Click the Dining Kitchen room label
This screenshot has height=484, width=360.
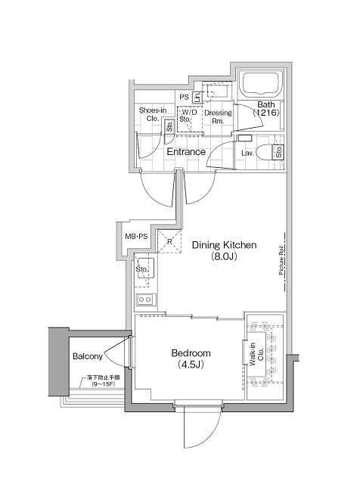click(225, 245)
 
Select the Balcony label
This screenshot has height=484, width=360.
click(88, 355)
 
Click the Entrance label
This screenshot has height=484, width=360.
click(186, 152)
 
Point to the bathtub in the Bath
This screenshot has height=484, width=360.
click(261, 84)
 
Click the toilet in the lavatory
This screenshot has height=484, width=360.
click(265, 152)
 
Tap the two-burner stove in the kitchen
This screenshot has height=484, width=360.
click(144, 300)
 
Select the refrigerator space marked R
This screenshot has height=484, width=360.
click(169, 243)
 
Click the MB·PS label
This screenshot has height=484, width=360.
click(136, 237)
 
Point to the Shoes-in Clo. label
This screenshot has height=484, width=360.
click(152, 113)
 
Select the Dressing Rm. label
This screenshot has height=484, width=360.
click(218, 116)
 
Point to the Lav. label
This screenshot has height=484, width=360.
click(247, 154)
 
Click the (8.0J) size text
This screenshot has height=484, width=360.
click(225, 256)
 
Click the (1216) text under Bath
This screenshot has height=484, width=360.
click(267, 113)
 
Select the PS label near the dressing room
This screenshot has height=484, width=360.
click(184, 97)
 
